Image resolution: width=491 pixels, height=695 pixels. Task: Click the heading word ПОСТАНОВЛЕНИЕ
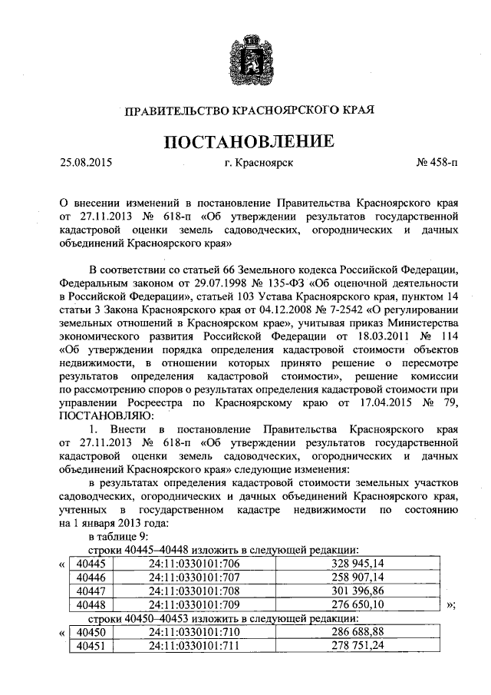click(x=246, y=142)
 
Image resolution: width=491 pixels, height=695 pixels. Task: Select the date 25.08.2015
click(x=86, y=163)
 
